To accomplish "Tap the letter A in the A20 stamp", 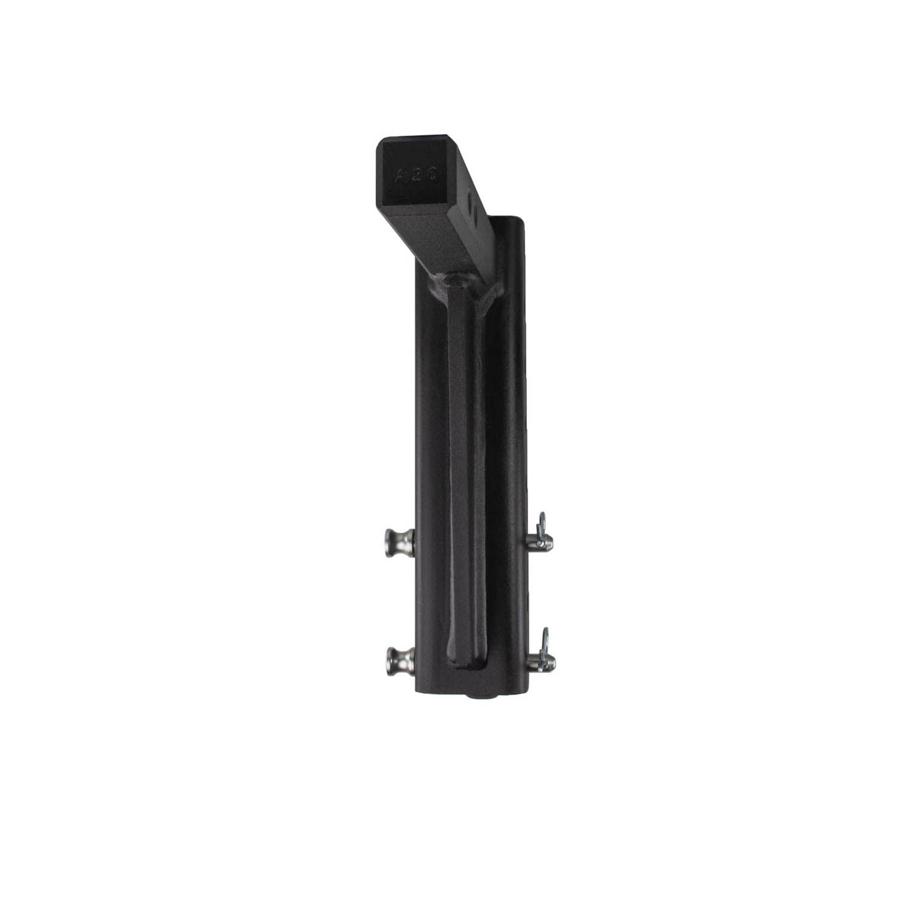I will coord(400,175).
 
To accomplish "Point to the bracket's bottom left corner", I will coord(417,690).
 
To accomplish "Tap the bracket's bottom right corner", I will coord(527,690).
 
